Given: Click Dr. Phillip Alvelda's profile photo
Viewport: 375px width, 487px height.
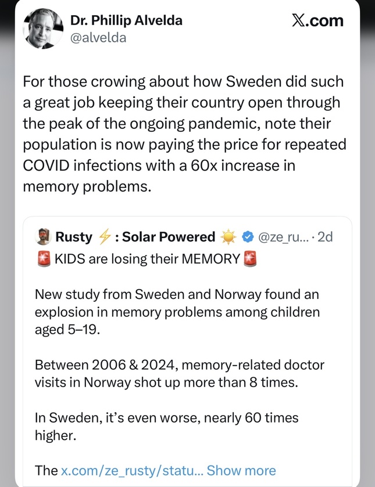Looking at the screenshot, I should click(x=43, y=29).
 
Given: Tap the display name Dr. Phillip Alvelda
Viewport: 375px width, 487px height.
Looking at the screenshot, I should click(x=126, y=20).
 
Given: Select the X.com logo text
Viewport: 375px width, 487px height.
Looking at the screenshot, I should click(x=317, y=21).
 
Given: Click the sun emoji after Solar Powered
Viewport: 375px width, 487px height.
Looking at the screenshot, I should click(x=227, y=237).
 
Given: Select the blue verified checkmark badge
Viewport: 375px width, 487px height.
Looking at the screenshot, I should click(x=247, y=237).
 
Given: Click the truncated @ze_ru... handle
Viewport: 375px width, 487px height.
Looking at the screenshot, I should click(x=282, y=237).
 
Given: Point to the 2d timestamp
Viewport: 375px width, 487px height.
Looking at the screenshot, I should click(x=324, y=237).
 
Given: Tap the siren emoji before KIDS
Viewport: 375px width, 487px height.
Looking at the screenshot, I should click(x=43, y=259).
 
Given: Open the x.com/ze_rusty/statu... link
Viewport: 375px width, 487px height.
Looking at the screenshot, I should click(x=131, y=470).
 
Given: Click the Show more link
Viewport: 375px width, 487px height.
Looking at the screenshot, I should click(x=241, y=470).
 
